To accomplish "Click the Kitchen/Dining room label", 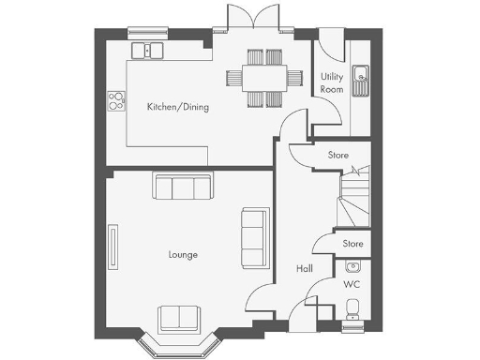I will [x=177, y=107].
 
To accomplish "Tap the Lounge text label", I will [x=183, y=254].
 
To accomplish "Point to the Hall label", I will [x=305, y=268].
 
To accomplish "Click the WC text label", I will [x=352, y=282].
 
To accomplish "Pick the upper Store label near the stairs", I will [x=338, y=155].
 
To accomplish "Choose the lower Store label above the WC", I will [x=352, y=244].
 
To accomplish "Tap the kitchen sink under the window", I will [x=147, y=50].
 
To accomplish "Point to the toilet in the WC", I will [x=352, y=308].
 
